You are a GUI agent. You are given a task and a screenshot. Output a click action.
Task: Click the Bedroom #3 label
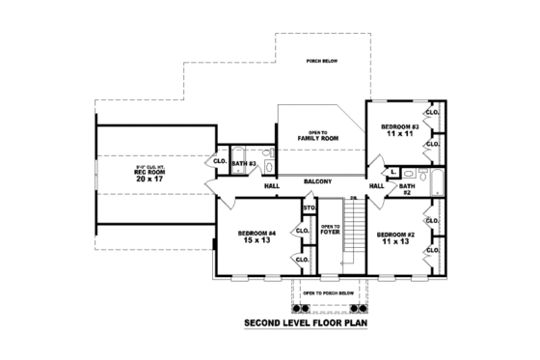tap(398, 127)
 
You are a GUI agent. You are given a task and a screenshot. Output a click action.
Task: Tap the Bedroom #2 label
tap(395, 235)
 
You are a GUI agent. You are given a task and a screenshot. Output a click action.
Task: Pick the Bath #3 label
tap(243, 164)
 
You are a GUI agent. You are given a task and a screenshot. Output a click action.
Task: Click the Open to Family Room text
tap(323, 136)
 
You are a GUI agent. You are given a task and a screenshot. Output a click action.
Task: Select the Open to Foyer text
tap(330, 229)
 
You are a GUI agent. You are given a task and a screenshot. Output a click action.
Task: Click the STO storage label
tap(309, 208)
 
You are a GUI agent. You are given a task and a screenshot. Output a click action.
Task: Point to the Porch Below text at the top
tap(320, 61)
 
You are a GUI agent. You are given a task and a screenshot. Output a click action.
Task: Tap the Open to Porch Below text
tap(329, 291)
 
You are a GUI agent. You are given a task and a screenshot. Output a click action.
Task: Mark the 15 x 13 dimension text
tap(257, 240)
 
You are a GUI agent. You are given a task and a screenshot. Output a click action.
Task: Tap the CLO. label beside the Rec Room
tap(220, 161)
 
